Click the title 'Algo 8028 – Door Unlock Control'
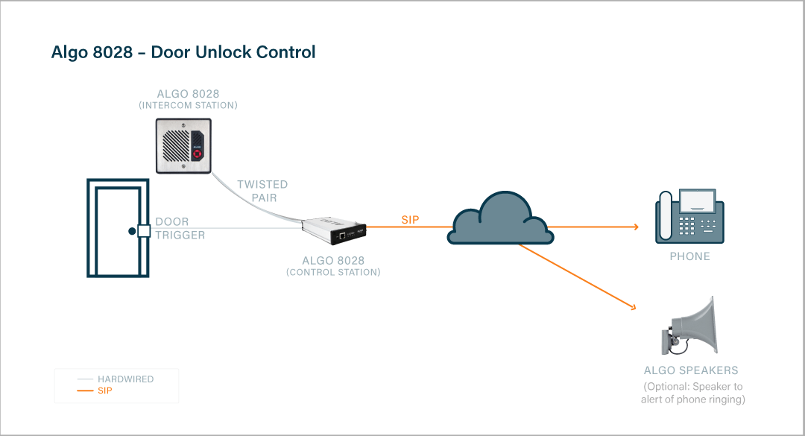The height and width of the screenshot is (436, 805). [183, 52]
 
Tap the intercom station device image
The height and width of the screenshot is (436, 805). [184, 145]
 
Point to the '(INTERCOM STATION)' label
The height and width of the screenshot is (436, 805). [188, 106]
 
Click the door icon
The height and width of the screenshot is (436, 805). [116, 227]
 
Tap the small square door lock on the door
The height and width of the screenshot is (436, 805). [143, 231]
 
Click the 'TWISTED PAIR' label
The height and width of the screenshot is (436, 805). [262, 191]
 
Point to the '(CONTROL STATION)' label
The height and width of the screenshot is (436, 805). [333, 273]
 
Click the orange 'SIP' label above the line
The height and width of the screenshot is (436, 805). [410, 220]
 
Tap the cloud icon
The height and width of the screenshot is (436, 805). [500, 218]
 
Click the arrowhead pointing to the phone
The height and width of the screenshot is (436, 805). [634, 227]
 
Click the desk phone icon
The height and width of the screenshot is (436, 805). [689, 217]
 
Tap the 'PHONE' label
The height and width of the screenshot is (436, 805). [689, 256]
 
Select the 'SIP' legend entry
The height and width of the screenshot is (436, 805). [104, 391]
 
